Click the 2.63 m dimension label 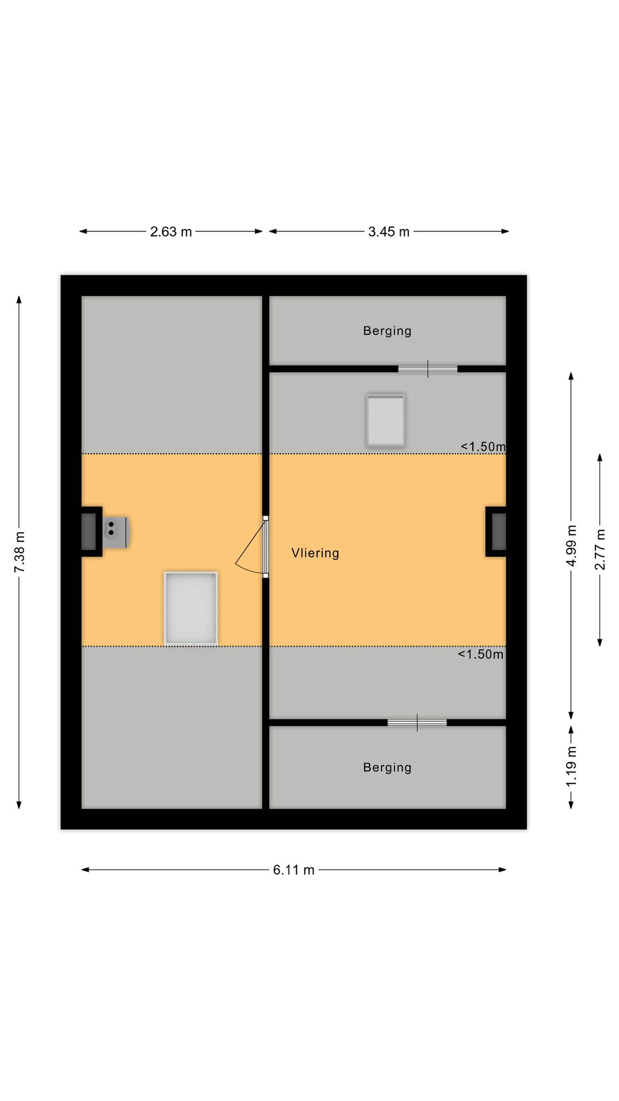pyautogui.click(x=171, y=232)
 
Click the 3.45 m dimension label pyautogui.click(x=389, y=232)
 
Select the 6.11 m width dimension pyautogui.click(x=293, y=870)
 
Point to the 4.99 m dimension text pyautogui.click(x=571, y=545)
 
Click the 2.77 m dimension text pyautogui.click(x=600, y=549)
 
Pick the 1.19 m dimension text pyautogui.click(x=571, y=767)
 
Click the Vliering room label pyautogui.click(x=315, y=553)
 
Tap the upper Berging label pyautogui.click(x=387, y=331)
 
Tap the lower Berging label pyautogui.click(x=387, y=767)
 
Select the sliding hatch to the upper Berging pyautogui.click(x=428, y=369)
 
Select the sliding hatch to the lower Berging pyautogui.click(x=417, y=723)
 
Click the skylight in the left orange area pyautogui.click(x=191, y=608)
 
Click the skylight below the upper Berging pyautogui.click(x=386, y=420)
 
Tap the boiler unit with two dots pyautogui.click(x=115, y=532)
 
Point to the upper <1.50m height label pyautogui.click(x=483, y=447)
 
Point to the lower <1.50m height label pyautogui.click(x=480, y=654)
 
